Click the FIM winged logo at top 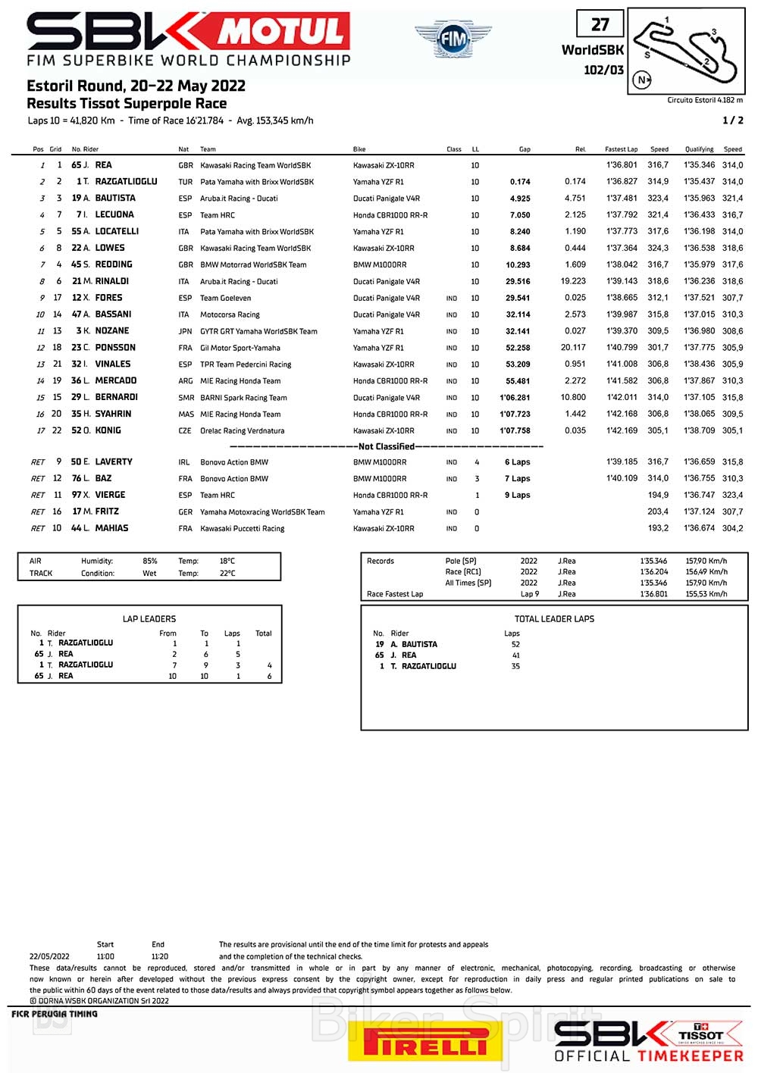tap(453, 39)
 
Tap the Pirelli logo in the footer tap(425, 1042)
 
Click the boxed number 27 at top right tap(600, 24)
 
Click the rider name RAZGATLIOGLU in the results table tap(126, 182)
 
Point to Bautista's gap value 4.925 tap(520, 199)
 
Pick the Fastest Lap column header tap(621, 149)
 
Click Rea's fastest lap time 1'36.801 tap(622, 165)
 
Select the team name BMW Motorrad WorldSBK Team tap(253, 265)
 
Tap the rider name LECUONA tap(114, 215)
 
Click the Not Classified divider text tap(386, 446)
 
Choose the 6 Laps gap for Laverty tap(518, 462)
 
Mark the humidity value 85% tap(150, 562)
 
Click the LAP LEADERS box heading tap(149, 619)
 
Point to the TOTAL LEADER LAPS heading tap(554, 619)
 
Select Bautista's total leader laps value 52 tap(515, 645)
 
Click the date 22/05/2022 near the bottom tap(49, 956)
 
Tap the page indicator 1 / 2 tap(733, 120)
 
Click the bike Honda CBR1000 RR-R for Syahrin tap(390, 414)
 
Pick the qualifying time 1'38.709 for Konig tap(699, 430)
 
